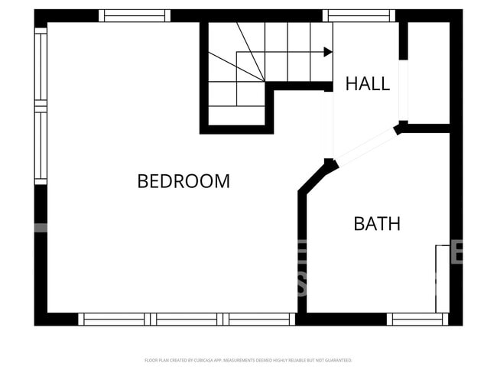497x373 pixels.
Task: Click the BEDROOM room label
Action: [184, 181]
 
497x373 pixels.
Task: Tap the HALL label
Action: [367, 83]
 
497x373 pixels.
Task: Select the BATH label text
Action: [376, 224]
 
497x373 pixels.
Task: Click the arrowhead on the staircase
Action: [328, 52]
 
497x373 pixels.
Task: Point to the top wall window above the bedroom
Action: [135, 15]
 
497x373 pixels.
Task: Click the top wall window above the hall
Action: [359, 15]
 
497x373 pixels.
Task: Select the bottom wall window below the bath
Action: [417, 319]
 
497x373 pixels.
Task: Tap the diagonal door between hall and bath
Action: [365, 147]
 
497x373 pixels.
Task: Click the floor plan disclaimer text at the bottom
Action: [248, 360]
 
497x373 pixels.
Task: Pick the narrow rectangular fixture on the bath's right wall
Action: [442, 278]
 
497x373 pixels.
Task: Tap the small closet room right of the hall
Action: [428, 73]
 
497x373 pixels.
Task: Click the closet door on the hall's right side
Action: [403, 90]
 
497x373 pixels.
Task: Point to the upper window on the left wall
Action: [41, 64]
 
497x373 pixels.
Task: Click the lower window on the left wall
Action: [41, 146]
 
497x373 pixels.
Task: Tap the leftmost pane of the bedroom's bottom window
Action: [114, 319]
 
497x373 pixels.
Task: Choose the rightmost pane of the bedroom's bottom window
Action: [259, 319]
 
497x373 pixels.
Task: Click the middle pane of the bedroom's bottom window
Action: [187, 319]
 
